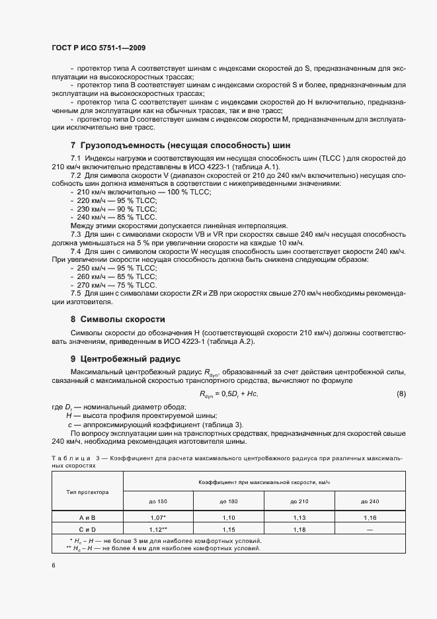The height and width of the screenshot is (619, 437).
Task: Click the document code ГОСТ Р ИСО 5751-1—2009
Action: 99,48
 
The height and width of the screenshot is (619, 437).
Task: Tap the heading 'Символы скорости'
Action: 122,319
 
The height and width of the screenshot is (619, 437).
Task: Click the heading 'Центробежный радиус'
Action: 130,360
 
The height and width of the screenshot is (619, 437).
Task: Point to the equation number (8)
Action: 401,395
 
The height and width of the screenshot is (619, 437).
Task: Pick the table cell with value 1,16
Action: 370,518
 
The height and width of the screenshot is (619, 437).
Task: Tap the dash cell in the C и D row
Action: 370,530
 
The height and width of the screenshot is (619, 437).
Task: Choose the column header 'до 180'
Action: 229,502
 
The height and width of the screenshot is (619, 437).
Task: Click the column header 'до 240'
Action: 370,502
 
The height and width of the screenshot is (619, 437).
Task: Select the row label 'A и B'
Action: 88,518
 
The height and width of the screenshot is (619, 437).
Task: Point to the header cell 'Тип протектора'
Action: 88,493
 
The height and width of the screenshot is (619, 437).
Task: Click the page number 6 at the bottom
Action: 53,565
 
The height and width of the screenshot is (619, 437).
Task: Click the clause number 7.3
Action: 75,235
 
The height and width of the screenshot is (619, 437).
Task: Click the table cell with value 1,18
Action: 299,530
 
